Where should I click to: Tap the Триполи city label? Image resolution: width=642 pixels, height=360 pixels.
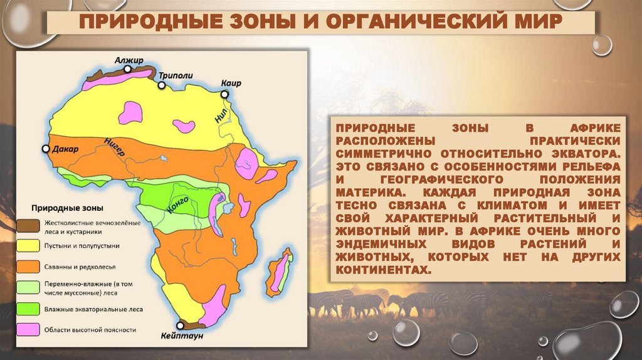coord(175,75)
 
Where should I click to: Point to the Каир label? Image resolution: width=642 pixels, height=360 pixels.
coord(231,83)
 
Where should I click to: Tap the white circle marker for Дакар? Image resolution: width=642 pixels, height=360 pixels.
coord(45,149)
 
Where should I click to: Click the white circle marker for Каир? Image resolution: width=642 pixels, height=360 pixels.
coord(224,95)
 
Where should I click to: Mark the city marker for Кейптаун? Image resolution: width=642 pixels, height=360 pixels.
coord(181,326)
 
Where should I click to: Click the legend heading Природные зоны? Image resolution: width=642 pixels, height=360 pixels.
coord(68,208)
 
